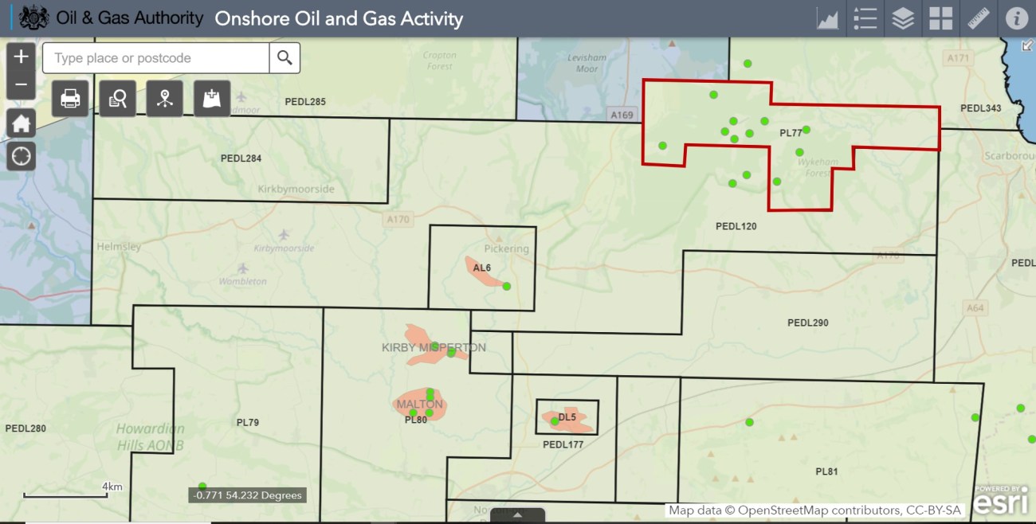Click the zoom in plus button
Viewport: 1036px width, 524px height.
pyautogui.click(x=22, y=57)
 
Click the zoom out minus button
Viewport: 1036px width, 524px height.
pyautogui.click(x=22, y=84)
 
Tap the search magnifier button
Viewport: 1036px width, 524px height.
pyautogui.click(x=285, y=58)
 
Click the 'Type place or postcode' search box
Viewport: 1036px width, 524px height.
pyautogui.click(x=156, y=58)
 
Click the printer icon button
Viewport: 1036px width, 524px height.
pyautogui.click(x=70, y=99)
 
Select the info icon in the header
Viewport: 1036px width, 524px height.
pyautogui.click(x=1016, y=18)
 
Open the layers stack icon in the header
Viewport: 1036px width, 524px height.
pyautogui.click(x=903, y=18)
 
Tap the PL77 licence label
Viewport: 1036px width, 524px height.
pyautogui.click(x=791, y=133)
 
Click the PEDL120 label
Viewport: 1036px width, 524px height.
pyautogui.click(x=736, y=227)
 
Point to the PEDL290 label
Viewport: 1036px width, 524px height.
pyautogui.click(x=808, y=323)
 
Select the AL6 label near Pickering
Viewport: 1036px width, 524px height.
pyautogui.click(x=482, y=268)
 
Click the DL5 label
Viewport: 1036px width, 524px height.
pyautogui.click(x=567, y=417)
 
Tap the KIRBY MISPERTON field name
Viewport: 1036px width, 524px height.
pyautogui.click(x=434, y=347)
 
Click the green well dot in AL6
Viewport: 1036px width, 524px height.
pyautogui.click(x=507, y=286)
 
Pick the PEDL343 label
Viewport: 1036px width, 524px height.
pyautogui.click(x=980, y=108)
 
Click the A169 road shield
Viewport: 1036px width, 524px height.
pyautogui.click(x=622, y=115)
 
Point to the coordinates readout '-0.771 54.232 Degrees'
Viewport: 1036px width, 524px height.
pyautogui.click(x=248, y=495)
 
